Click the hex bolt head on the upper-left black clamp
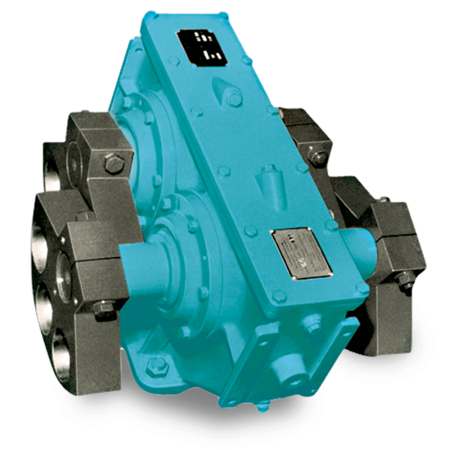tap(114, 163)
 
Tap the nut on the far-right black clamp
tap(407, 280)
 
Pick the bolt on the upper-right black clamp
tap(318, 157)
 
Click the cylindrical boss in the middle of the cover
tap(269, 181)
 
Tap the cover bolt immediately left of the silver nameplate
tap(250, 230)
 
